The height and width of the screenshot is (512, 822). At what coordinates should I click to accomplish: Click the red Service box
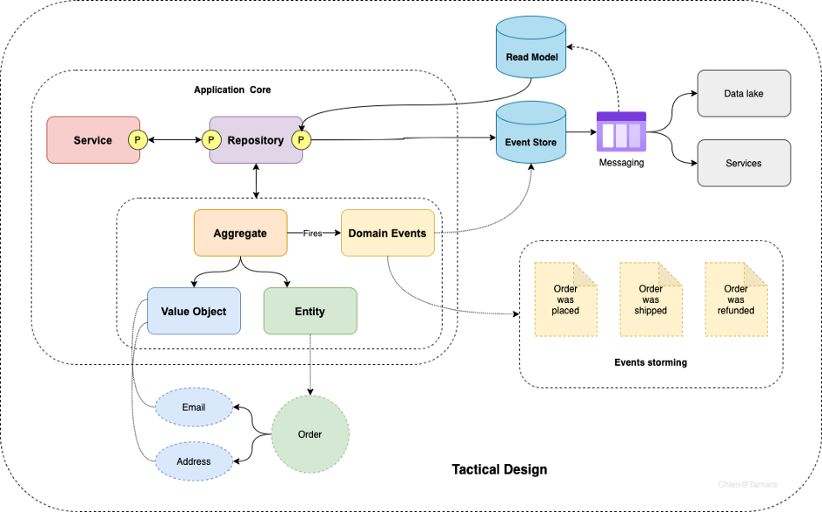pos(93,140)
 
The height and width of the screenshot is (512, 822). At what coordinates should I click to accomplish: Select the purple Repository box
pos(256,140)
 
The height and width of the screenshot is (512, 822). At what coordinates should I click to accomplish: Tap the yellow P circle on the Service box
pos(137,140)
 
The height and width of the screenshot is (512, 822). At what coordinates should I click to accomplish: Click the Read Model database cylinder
pos(531,47)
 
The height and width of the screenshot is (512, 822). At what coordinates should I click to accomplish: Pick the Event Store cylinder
pos(531,132)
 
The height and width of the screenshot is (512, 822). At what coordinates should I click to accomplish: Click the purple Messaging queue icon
pos(621,131)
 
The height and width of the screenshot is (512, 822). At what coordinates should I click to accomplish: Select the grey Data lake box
pos(744,93)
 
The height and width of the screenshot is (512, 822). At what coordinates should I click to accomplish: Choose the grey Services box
pos(744,163)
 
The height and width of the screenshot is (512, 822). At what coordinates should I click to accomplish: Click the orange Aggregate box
pos(241,232)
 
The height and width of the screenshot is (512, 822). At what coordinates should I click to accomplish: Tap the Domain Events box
pos(388,232)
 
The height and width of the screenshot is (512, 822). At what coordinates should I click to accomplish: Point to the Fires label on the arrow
pos(312,233)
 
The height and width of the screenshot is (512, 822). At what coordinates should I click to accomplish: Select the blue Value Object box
pos(194,311)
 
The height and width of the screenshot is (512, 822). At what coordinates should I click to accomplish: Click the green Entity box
pos(311,311)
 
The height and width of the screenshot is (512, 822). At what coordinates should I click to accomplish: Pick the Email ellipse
pos(194,408)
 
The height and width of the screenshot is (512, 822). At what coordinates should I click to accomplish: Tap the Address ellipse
pos(194,461)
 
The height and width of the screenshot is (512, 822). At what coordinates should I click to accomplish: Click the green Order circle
pos(311,435)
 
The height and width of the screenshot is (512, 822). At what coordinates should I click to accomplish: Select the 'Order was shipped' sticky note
pos(652,300)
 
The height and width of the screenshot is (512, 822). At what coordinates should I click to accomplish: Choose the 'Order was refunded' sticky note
pos(736,300)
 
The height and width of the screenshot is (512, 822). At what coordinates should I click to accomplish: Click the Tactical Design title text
pos(499,469)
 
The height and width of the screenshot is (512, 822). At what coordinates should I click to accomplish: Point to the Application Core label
pos(232,90)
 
